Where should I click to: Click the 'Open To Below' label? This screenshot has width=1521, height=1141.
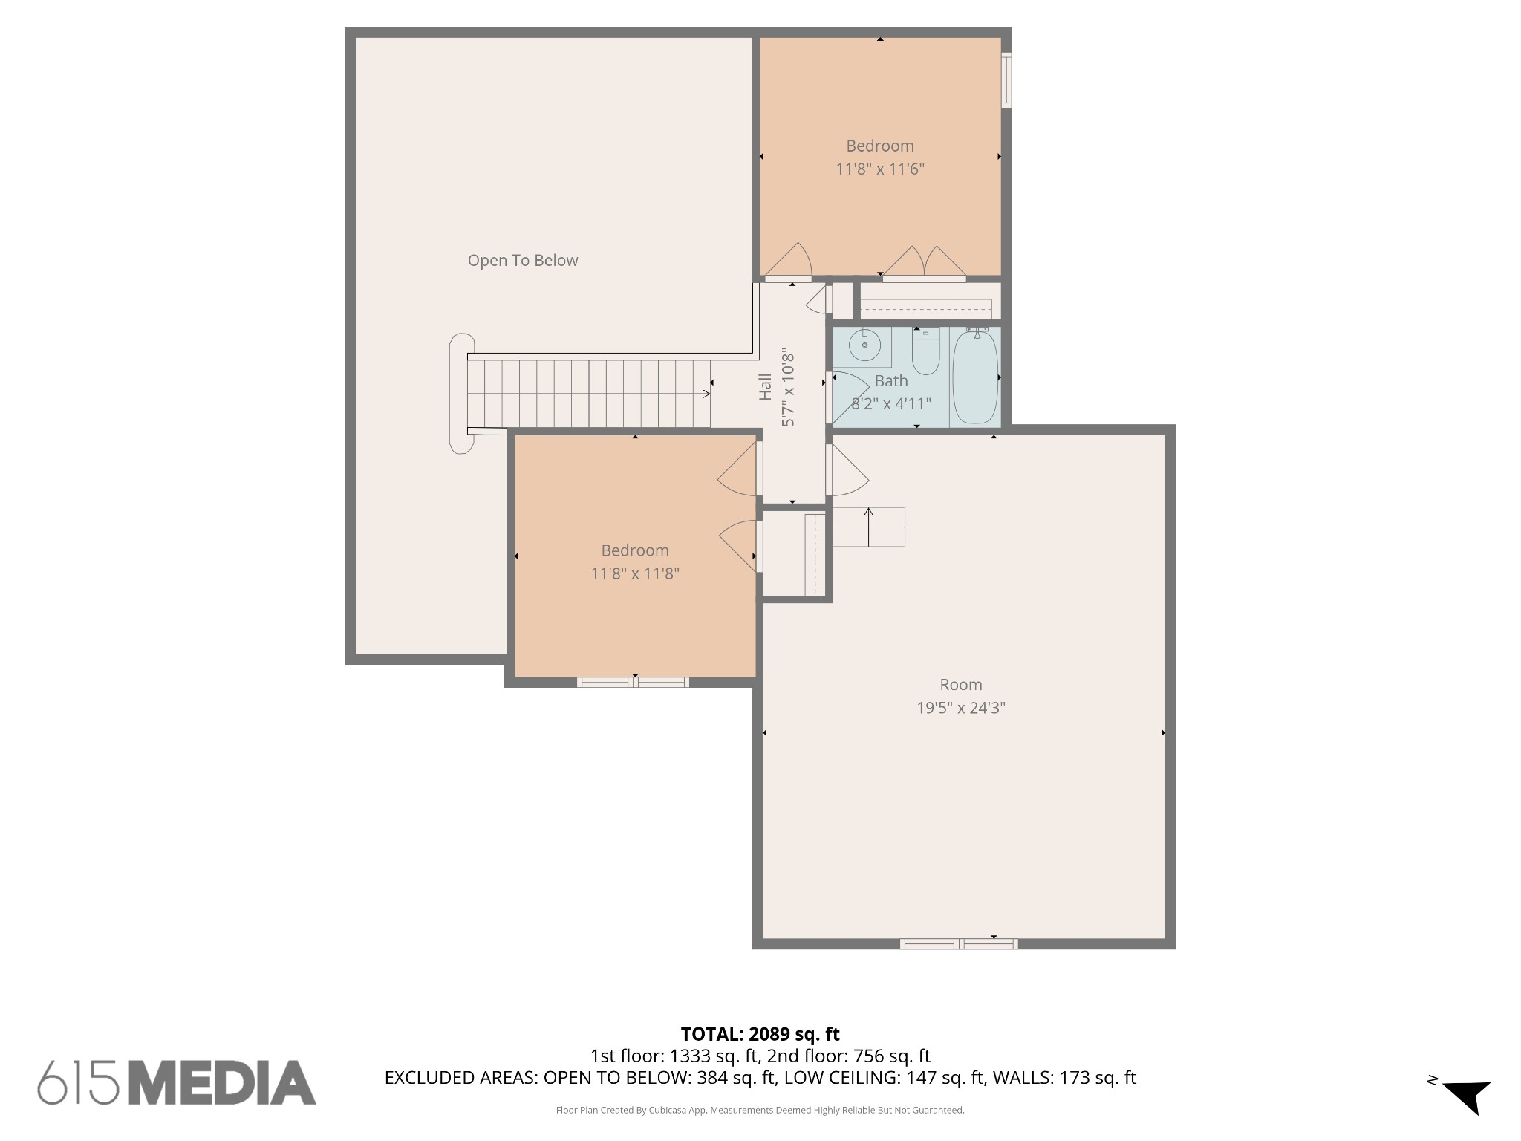pos(522,261)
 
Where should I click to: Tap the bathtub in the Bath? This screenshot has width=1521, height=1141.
pos(974,377)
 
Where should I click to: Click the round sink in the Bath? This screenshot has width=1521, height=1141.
pos(864,346)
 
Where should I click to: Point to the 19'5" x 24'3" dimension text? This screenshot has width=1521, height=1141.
pos(960,708)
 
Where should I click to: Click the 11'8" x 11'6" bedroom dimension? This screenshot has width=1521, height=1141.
pos(879,169)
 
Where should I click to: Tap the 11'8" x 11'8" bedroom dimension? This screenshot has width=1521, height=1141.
pos(634,574)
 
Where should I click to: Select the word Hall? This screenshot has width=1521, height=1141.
pos(765,387)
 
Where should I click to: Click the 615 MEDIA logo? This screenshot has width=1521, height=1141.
pos(177,1082)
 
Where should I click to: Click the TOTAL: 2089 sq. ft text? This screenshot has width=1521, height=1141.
pos(760,1034)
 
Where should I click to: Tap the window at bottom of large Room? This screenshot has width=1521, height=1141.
pos(958,944)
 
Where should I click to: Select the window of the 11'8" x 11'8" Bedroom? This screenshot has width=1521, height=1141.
pos(633,682)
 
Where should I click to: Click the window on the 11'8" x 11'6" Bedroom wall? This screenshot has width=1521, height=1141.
pos(1006,79)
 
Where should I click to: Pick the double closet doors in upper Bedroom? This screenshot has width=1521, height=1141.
pos(924,264)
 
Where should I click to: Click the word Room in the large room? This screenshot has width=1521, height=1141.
pos(960,685)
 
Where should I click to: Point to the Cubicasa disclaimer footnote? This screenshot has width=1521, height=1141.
pos(760,1111)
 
